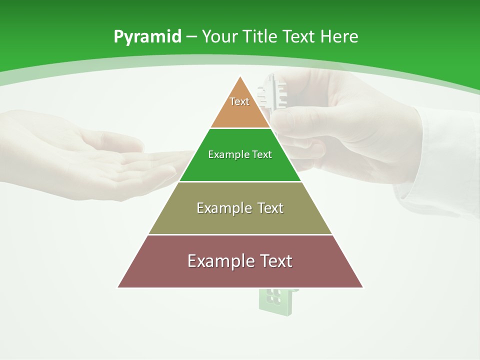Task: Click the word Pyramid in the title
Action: (147, 36)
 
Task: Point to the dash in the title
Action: (191, 37)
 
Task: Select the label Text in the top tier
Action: (239, 101)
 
